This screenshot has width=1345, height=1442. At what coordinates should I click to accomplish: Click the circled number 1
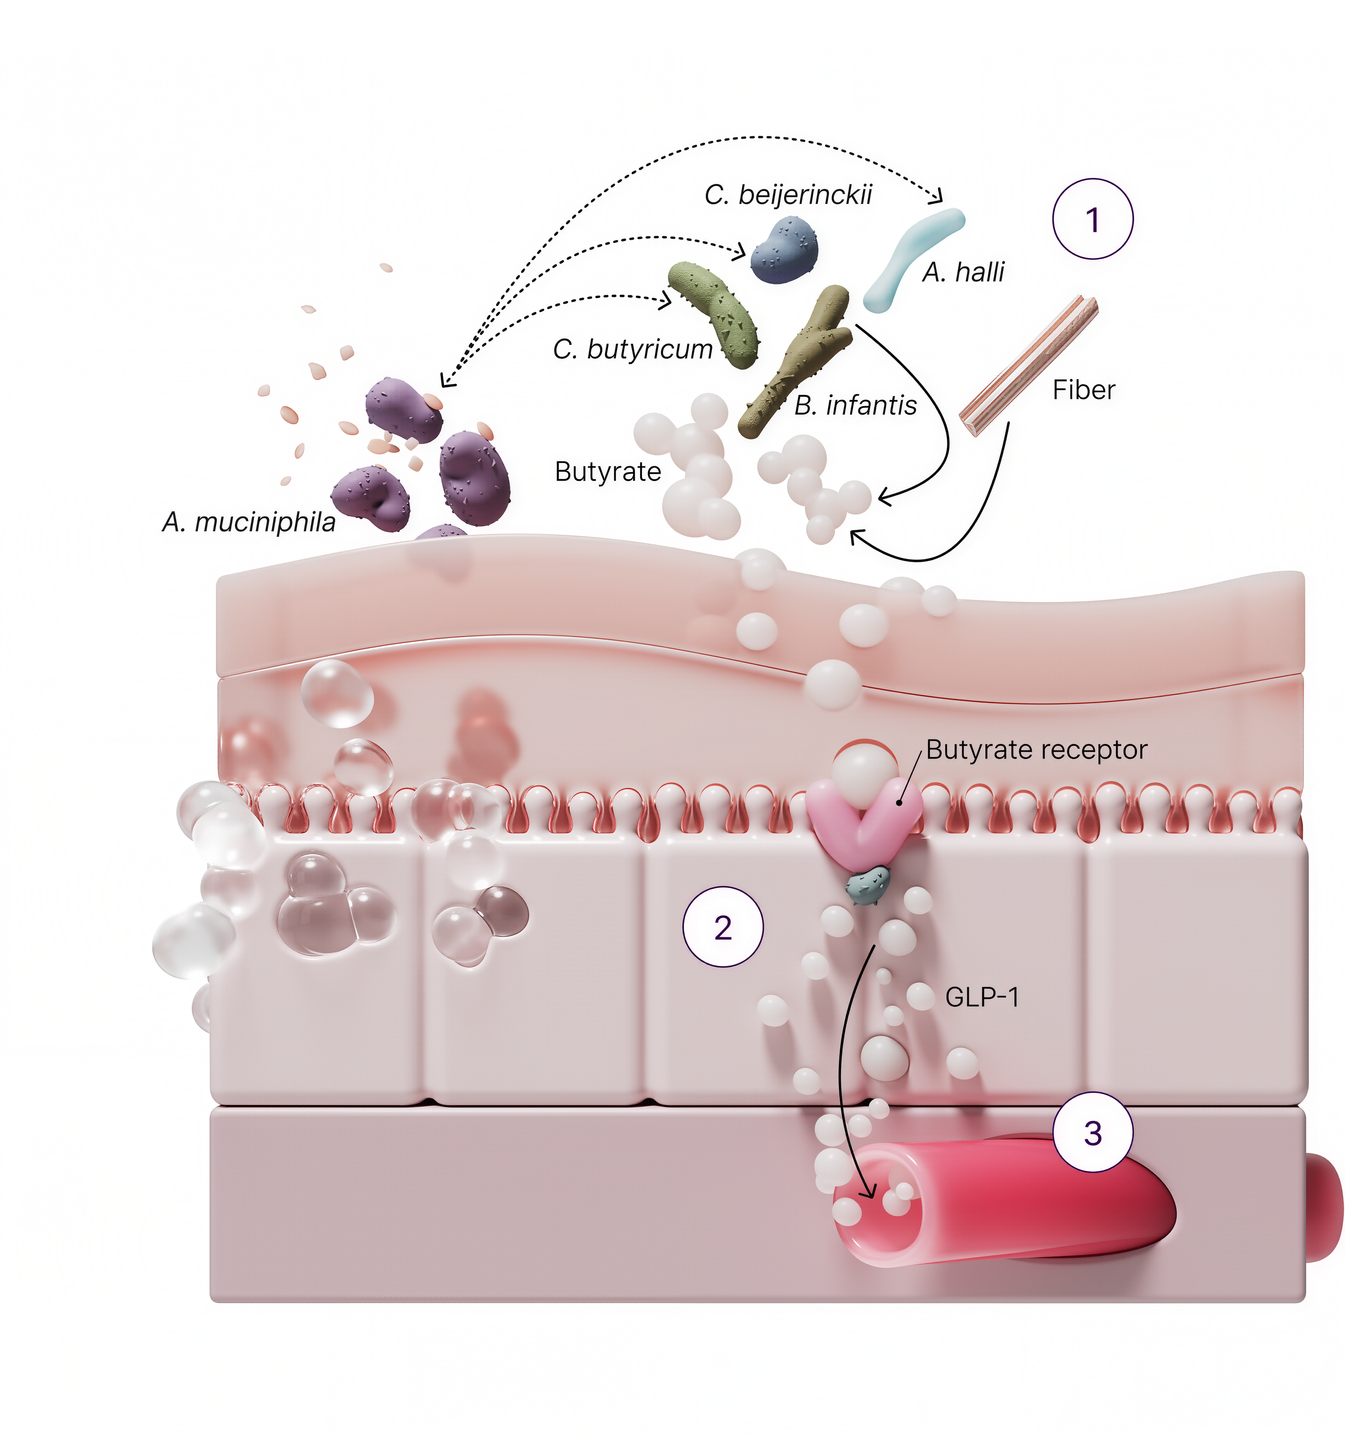[x=1093, y=219]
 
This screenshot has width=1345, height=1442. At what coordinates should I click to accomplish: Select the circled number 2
[x=723, y=928]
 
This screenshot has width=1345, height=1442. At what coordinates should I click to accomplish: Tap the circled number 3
[x=1093, y=1133]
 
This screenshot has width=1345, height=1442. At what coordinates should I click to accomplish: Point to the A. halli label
[x=963, y=273]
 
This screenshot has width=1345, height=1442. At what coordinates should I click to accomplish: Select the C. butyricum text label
[x=633, y=350]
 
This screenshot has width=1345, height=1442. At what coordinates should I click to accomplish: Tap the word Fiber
[x=1083, y=390]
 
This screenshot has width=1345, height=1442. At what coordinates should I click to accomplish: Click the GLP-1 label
[x=982, y=997]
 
